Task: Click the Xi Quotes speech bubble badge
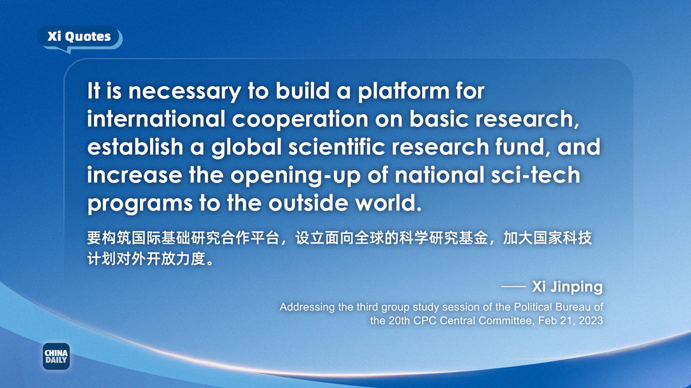coord(79,37)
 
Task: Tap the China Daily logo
coord(56,356)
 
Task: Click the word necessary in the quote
coord(184,92)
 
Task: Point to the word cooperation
coord(300,120)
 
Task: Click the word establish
coord(135,147)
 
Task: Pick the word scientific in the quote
coord(336,147)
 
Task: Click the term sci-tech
coord(535,175)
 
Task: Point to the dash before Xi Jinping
coord(513,286)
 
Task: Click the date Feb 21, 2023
coord(571,321)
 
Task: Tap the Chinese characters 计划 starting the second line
coord(102,258)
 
